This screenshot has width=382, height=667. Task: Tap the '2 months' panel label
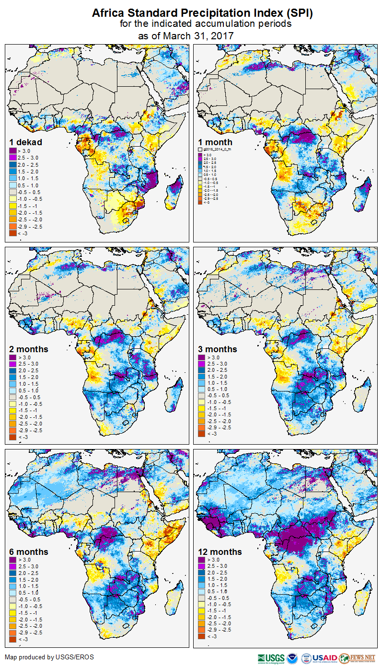click(x=29, y=349)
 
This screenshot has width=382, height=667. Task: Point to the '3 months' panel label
click(x=218, y=349)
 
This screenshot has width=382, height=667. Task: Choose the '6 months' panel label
click(x=29, y=552)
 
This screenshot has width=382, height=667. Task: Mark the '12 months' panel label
click(x=220, y=552)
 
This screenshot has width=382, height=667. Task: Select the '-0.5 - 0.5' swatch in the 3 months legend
click(x=202, y=395)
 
